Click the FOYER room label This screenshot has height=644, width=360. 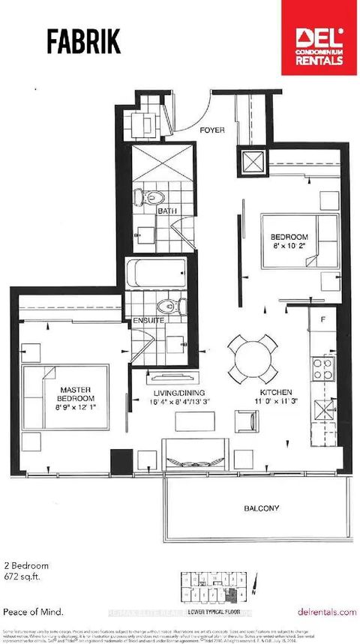(213, 130)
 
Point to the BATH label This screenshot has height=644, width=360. (166, 211)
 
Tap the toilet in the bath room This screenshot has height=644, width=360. (150, 196)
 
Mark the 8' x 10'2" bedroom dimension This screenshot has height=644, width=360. (289, 247)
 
